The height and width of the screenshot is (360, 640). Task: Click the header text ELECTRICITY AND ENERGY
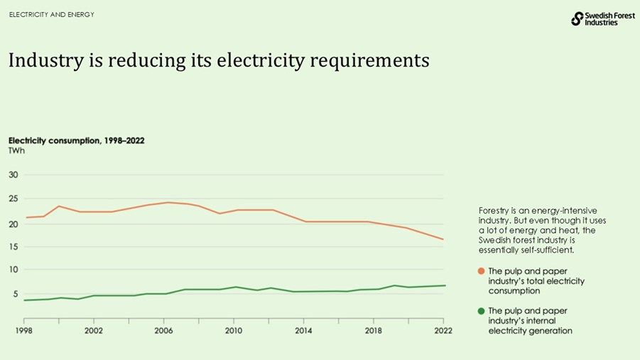(x=51, y=15)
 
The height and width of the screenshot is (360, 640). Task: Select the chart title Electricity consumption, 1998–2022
(x=76, y=141)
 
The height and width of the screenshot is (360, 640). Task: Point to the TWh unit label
(x=16, y=151)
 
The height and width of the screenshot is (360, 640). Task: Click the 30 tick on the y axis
(x=13, y=175)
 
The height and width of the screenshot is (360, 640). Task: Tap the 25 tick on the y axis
(x=13, y=199)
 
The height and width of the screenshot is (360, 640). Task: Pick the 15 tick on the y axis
(x=13, y=246)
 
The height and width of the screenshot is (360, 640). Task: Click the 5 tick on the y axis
(x=15, y=293)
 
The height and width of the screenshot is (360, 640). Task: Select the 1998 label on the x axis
(x=24, y=331)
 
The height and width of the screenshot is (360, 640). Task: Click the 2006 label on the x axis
(x=164, y=331)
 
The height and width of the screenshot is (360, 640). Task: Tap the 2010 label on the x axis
(x=234, y=331)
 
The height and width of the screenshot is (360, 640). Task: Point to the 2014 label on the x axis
(x=303, y=331)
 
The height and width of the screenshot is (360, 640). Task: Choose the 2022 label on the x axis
(x=443, y=331)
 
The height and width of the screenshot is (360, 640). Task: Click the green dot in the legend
(x=482, y=312)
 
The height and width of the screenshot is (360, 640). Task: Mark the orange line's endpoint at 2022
(x=444, y=239)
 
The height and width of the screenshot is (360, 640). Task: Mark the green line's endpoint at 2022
(x=444, y=285)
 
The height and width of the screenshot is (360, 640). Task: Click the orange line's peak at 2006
(x=168, y=202)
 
